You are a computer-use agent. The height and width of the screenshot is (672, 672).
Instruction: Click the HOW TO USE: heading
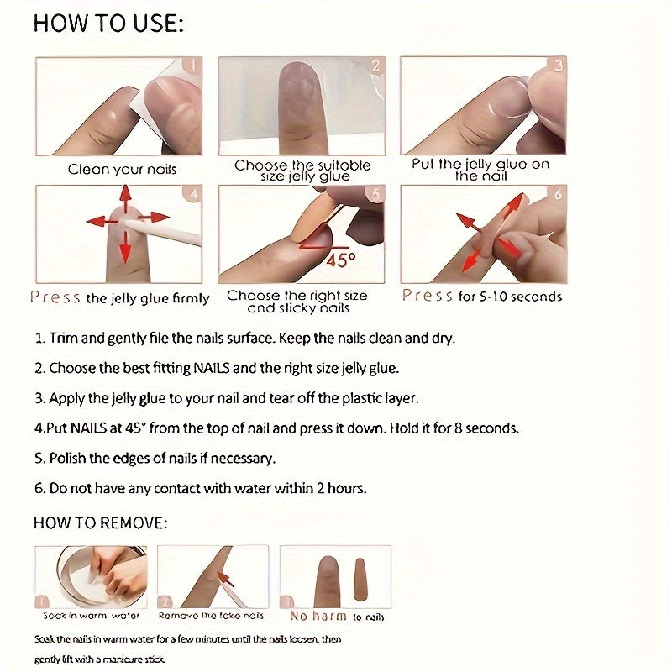(108, 24)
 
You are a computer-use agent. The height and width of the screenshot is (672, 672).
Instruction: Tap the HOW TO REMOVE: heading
(100, 522)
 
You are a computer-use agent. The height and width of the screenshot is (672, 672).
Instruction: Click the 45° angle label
(336, 260)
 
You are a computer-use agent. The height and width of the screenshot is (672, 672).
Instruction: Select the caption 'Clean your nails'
(122, 169)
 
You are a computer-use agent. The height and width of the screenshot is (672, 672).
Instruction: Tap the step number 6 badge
(558, 196)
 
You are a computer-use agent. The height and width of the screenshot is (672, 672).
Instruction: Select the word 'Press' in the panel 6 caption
(428, 296)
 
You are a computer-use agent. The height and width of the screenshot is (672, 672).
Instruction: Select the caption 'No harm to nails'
(336, 616)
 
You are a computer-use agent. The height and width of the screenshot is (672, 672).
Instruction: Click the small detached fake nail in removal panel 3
(361, 579)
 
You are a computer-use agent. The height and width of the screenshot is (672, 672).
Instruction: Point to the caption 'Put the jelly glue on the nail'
(480, 170)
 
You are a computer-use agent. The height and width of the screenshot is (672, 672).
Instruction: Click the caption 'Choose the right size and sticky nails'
(297, 302)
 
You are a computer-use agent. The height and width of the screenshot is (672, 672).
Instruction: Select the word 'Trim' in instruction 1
(63, 339)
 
